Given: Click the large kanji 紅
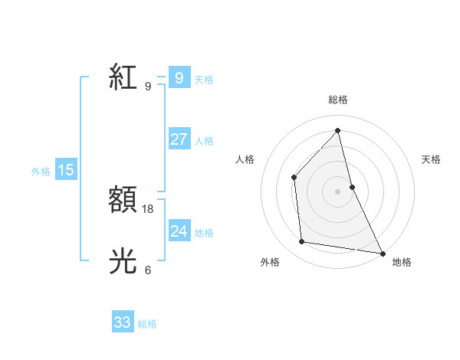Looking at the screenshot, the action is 123,77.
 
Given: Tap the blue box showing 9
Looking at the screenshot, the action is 179,78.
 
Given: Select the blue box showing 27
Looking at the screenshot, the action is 179,139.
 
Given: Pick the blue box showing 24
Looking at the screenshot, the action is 179,231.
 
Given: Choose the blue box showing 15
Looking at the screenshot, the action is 66,170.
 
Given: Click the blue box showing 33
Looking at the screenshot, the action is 122,322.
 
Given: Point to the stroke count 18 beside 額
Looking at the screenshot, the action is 149,208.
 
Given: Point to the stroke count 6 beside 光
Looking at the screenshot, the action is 148,270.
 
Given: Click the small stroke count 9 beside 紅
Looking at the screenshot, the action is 148,86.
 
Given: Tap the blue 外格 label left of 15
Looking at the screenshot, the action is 41,172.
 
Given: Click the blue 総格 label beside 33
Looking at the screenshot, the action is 147,324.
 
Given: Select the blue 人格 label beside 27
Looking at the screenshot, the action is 204,141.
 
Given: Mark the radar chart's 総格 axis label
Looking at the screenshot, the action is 338,100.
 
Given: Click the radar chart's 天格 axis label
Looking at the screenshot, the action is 431,159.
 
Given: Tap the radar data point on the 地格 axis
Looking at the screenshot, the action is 383,253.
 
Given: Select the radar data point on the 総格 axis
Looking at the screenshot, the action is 338,130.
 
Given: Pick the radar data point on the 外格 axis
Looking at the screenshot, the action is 302,242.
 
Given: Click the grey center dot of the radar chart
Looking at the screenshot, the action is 338,191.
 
